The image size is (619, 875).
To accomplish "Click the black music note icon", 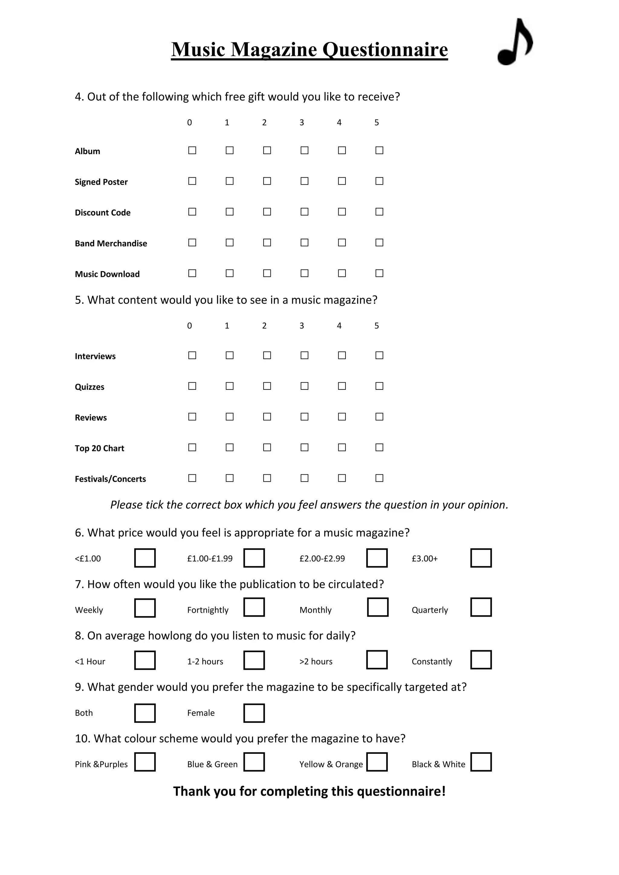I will pyautogui.click(x=514, y=43).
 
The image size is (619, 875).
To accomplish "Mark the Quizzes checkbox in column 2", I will pyautogui.click(x=267, y=386).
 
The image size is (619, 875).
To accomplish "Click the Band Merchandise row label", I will pyautogui.click(x=111, y=244).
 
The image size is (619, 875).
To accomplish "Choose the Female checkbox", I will pyautogui.click(x=254, y=713).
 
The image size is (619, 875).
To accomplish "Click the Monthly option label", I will pyautogui.click(x=315, y=610).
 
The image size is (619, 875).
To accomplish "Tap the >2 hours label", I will pyautogui.click(x=316, y=662).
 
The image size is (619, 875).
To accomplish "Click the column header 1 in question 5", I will pyautogui.click(x=227, y=326).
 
